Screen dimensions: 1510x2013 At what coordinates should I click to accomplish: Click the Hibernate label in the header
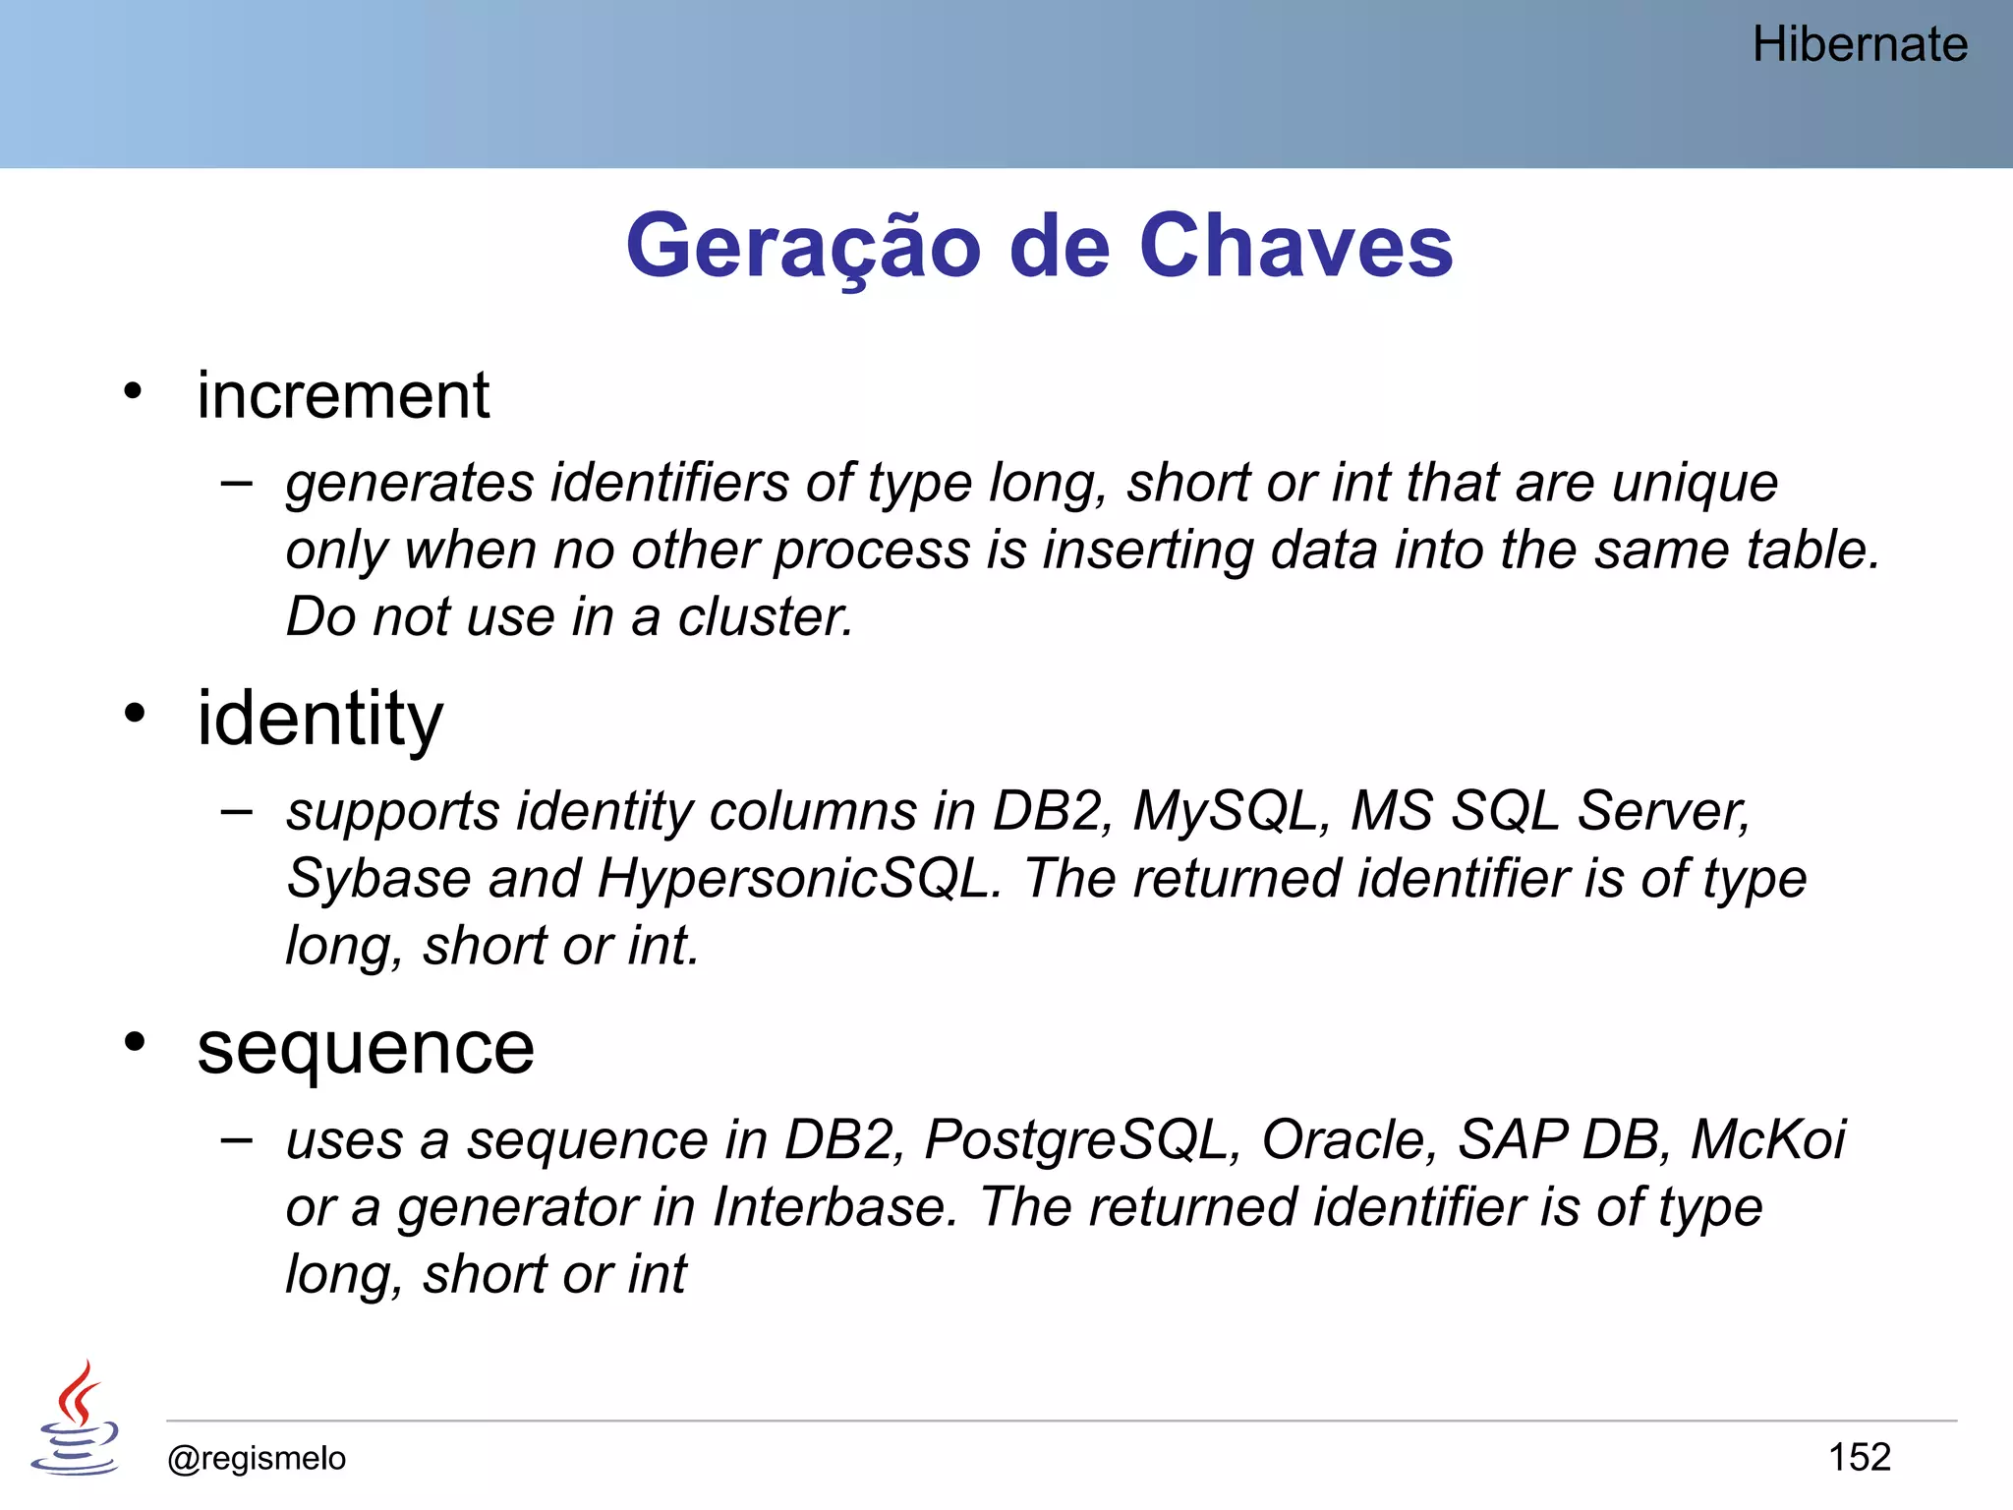coord(1859,45)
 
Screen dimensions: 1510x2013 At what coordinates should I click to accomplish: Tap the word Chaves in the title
coord(1295,247)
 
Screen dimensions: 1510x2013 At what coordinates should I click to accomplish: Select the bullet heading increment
coord(342,396)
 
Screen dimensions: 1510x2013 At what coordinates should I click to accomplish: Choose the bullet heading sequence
coord(365,1048)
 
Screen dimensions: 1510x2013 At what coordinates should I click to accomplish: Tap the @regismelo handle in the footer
coord(257,1458)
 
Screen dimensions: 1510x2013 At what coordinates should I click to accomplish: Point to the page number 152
coord(1859,1457)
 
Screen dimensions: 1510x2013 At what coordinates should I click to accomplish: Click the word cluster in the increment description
coord(765,617)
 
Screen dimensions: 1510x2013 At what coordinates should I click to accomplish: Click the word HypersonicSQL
coord(798,879)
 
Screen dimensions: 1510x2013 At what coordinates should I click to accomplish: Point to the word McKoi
coord(1767,1140)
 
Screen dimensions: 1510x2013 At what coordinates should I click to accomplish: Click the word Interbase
coord(834,1207)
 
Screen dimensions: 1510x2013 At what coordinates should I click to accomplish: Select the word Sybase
coord(378,879)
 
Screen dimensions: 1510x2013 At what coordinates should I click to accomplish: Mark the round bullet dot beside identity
coord(135,713)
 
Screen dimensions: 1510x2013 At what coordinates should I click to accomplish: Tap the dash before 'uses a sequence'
coord(236,1139)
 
